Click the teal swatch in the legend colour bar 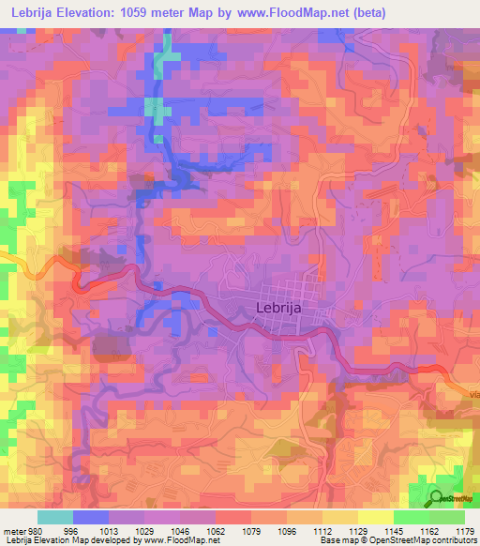coord(54,517)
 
